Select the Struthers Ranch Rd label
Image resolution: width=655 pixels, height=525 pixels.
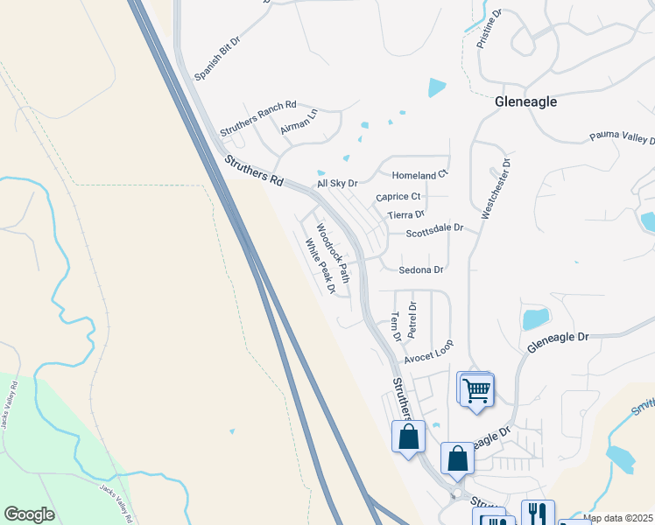[x=258, y=116]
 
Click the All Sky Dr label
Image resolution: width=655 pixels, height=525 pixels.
[x=338, y=183]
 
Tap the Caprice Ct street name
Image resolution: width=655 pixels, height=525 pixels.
[x=398, y=197]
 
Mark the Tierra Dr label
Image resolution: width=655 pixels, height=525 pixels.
[x=405, y=213]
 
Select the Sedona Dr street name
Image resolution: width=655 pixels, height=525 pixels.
[x=421, y=270]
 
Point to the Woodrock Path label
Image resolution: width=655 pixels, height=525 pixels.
[x=333, y=253]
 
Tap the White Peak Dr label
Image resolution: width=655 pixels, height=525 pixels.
[x=320, y=266]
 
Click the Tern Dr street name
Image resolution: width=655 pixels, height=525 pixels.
[x=395, y=326]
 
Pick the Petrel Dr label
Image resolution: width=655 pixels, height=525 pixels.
[x=412, y=320]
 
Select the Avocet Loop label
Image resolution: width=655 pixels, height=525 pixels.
[x=429, y=352]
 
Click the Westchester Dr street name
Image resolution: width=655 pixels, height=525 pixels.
[x=496, y=188]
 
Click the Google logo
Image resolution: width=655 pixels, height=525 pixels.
[x=29, y=514]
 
